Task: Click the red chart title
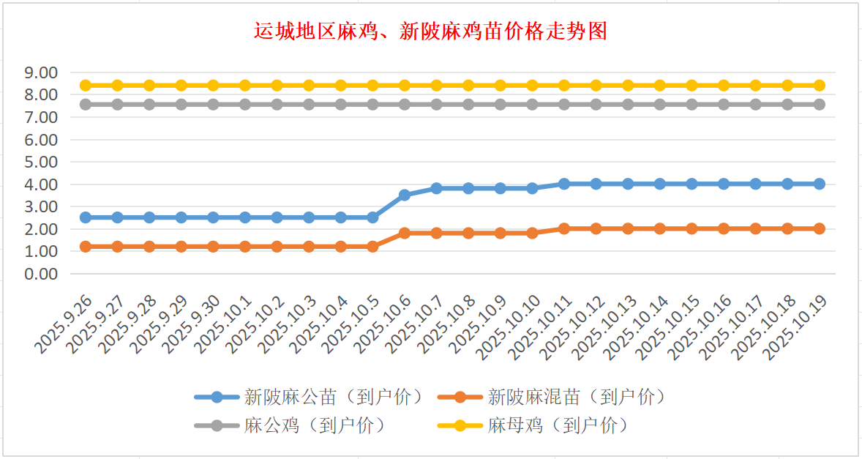pyautogui.click(x=430, y=31)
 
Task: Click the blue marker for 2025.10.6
pyautogui.click(x=405, y=195)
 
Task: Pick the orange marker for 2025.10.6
pyautogui.click(x=405, y=233)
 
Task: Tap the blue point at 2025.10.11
pyautogui.click(x=564, y=184)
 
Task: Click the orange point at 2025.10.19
pyautogui.click(x=820, y=228)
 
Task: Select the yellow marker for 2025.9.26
pyautogui.click(x=86, y=86)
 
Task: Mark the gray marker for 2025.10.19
pyautogui.click(x=820, y=105)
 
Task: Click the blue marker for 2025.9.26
pyautogui.click(x=86, y=217)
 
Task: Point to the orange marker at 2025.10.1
pyautogui.click(x=245, y=247)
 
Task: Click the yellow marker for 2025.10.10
pyautogui.click(x=533, y=86)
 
